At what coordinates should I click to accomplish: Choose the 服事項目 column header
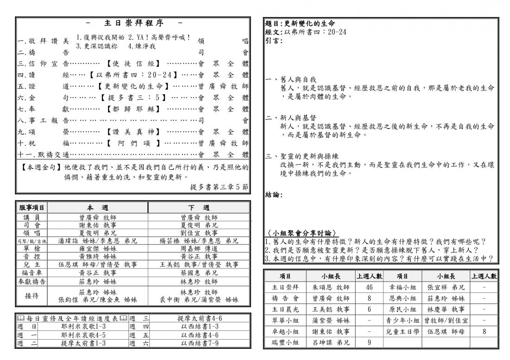click(31, 208)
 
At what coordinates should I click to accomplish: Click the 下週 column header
click(199, 208)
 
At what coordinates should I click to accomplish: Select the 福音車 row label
click(31, 273)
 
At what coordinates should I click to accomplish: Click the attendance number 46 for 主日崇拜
click(369, 287)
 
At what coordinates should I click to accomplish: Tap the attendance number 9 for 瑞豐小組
click(369, 343)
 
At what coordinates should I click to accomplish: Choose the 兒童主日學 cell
click(402, 332)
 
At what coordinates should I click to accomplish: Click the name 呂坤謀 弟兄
click(331, 343)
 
